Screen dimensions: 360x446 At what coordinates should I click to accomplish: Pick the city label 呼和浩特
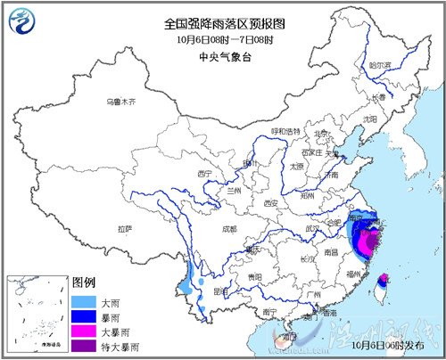click(x=286, y=131)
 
